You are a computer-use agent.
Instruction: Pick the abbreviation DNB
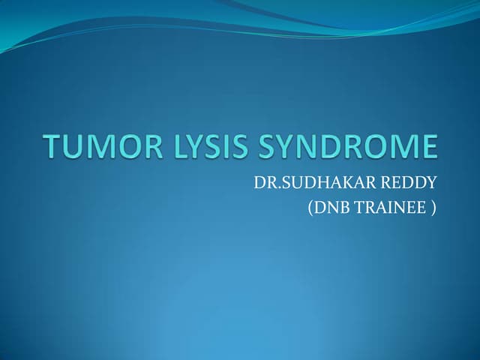pos(331,206)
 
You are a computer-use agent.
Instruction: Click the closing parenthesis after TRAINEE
pos(433,207)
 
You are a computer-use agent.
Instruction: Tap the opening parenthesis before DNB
pos(310,207)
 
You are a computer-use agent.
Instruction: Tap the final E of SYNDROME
pos(427,147)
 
